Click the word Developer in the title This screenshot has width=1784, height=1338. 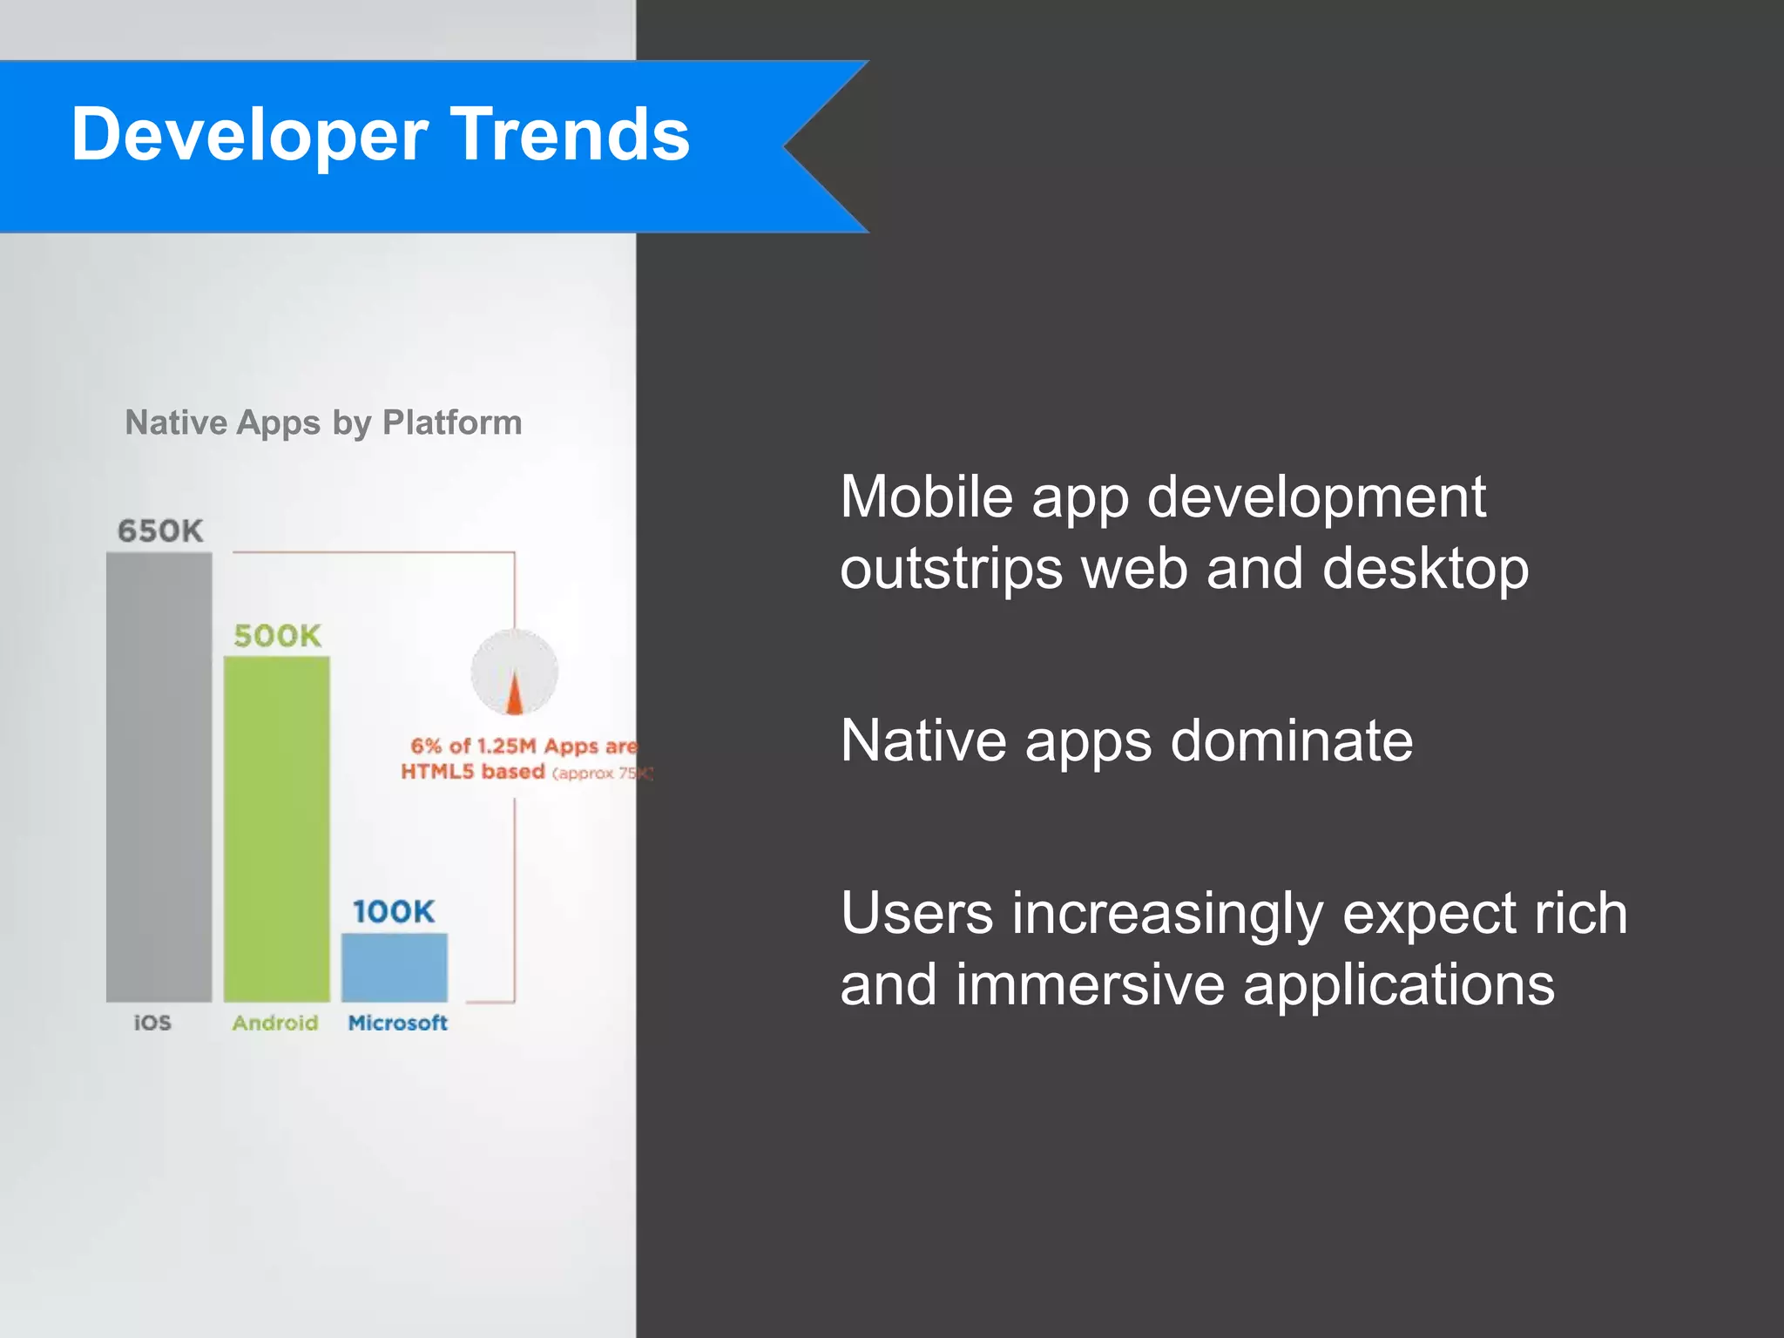pos(248,136)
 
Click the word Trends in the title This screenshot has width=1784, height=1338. pos(571,134)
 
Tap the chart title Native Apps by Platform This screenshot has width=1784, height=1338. pos(323,422)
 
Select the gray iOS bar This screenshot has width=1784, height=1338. pos(159,775)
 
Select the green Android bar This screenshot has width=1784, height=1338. pos(277,828)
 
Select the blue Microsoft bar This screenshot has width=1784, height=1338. pos(395,967)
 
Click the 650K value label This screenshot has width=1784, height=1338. pos(160,530)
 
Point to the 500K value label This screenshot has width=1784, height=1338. pos(277,636)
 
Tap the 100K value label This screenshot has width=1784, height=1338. pos(394,912)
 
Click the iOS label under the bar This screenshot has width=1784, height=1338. pos(152,1023)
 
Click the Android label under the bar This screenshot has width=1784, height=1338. pos(275,1023)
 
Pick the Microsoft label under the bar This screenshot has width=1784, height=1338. pos(397,1023)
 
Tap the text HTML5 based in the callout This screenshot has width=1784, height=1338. pos(473,772)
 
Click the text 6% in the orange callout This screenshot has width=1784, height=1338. pos(426,746)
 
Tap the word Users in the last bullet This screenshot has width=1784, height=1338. pos(916,914)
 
